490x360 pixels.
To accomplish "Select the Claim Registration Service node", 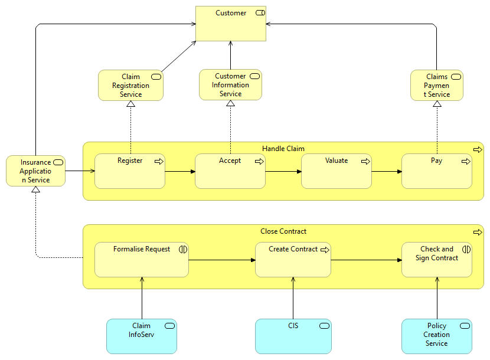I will click(130, 86).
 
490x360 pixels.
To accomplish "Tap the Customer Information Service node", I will click(230, 85).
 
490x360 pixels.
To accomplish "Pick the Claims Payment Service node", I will click(437, 86).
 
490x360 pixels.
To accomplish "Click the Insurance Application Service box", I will click(35, 171).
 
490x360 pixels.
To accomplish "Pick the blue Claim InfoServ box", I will click(142, 336).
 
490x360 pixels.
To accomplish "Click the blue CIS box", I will click(293, 336).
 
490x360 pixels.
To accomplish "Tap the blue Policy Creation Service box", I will click(437, 336).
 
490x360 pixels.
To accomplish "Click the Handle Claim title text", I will click(283, 149).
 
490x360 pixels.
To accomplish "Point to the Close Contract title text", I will click(283, 231).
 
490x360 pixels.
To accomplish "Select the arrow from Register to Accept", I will click(180, 172).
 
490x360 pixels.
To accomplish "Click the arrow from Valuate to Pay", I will click(387, 172).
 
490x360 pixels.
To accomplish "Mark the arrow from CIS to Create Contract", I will click(293, 298).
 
